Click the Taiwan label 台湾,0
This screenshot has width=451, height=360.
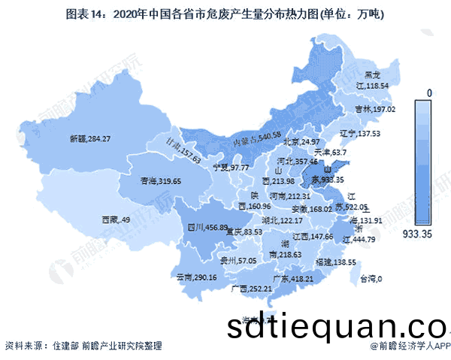pyautogui.click(x=369, y=280)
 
